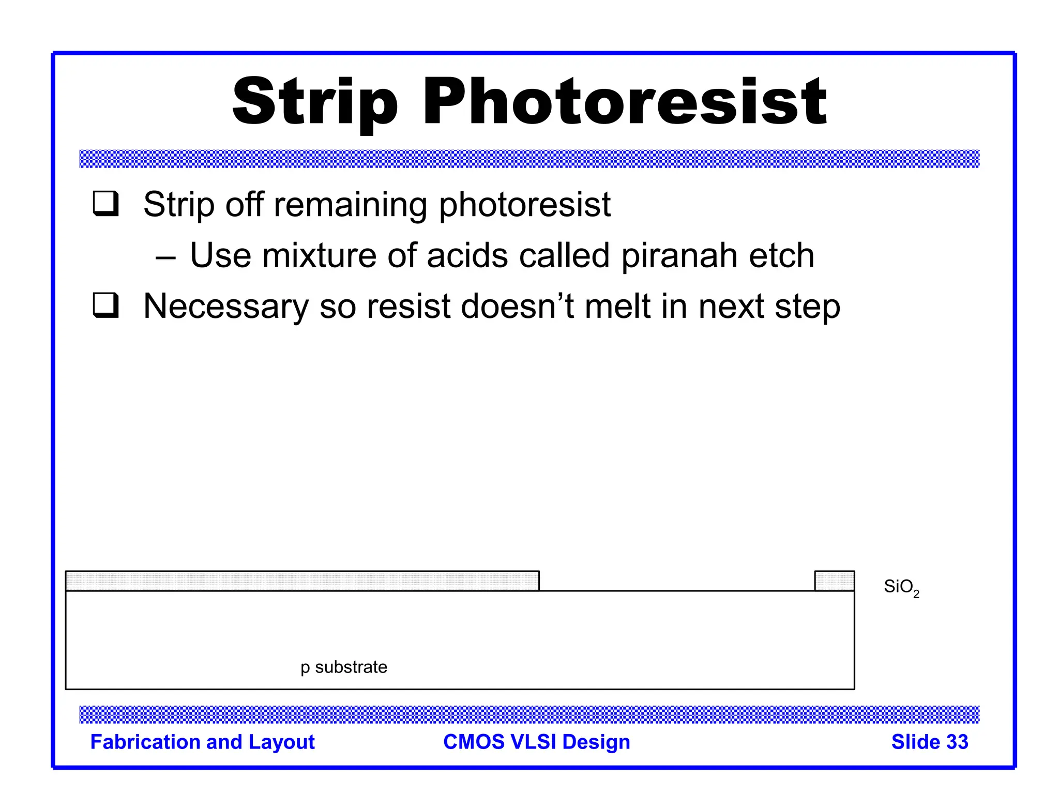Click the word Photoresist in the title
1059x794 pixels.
tap(625, 102)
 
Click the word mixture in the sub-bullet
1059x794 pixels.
tap(319, 255)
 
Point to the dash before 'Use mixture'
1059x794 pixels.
tap(165, 256)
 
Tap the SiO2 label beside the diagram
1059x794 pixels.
tap(901, 587)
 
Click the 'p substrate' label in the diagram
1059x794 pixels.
tap(344, 667)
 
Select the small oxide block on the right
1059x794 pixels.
tap(834, 581)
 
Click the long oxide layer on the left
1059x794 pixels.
tap(302, 581)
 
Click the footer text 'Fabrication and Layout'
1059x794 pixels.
tap(202, 742)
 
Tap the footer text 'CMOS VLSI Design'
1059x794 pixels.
tap(536, 742)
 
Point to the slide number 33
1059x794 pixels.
tap(956, 742)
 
